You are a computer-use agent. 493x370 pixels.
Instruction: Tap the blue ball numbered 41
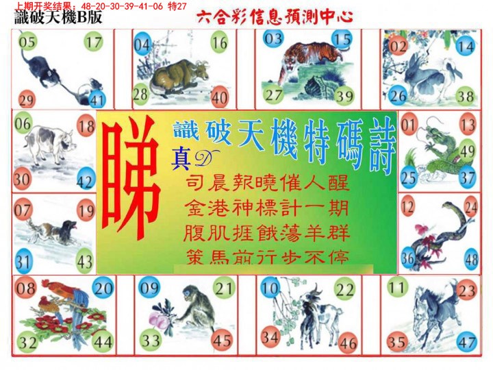point(97,100)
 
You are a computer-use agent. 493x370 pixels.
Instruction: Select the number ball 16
point(219,44)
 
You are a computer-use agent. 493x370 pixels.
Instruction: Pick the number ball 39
point(344,95)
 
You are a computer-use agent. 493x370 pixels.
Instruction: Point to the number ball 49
point(468,151)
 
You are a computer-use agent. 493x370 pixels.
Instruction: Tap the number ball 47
point(468,340)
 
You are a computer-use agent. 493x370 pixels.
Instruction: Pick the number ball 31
point(24,262)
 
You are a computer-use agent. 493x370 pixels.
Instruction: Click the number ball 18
point(86,126)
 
